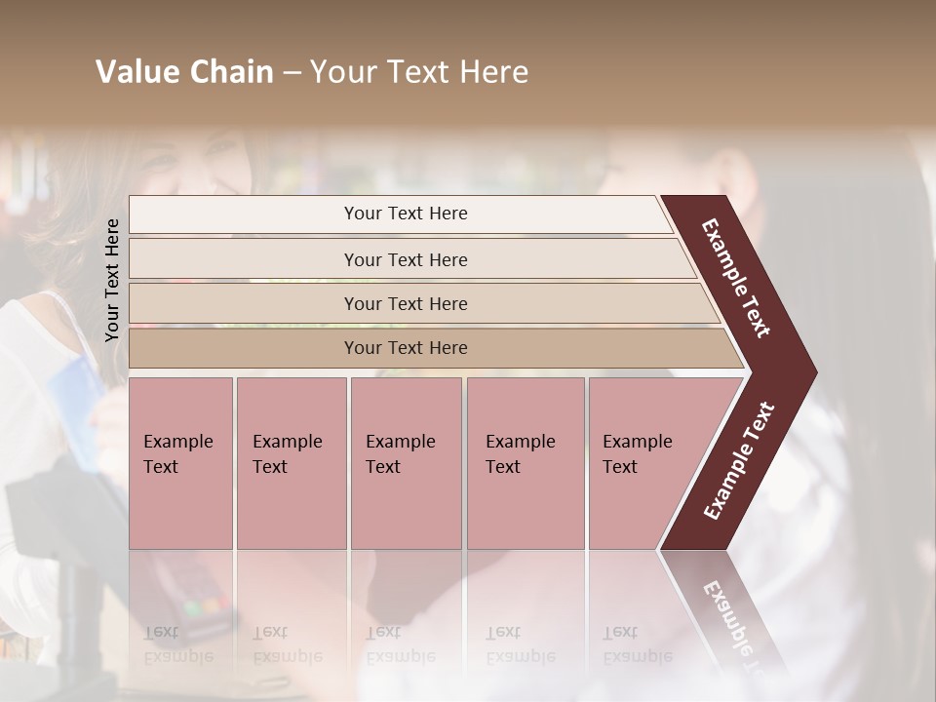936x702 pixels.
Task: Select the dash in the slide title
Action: [292, 72]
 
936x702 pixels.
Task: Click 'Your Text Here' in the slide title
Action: [418, 72]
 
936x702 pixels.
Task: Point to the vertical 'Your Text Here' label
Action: [112, 280]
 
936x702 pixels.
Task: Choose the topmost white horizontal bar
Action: [400, 214]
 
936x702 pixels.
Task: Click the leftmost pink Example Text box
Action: [180, 463]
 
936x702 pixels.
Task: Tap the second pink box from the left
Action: [291, 463]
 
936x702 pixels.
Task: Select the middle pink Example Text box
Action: [406, 463]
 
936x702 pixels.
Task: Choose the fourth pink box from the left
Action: [525, 463]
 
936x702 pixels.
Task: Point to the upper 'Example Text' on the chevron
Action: [737, 279]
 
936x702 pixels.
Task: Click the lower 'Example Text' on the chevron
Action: [738, 461]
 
